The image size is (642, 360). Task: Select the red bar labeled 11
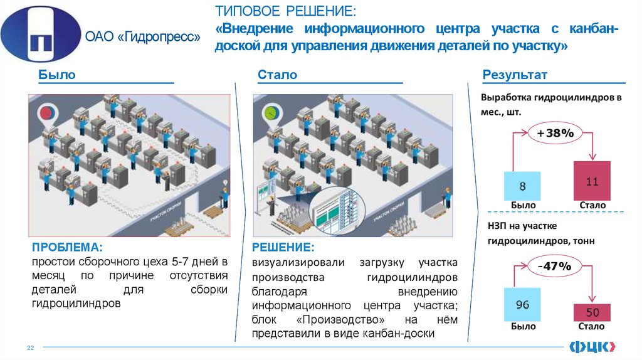pyautogui.click(x=592, y=181)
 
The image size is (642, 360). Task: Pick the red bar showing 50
pyautogui.click(x=592, y=312)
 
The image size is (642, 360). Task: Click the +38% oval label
pyautogui.click(x=555, y=134)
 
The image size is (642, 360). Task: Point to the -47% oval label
pyautogui.click(x=555, y=266)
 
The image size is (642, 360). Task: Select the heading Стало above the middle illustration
pyautogui.click(x=277, y=75)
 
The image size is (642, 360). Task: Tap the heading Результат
pyautogui.click(x=515, y=75)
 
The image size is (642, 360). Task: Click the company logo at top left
pyautogui.click(x=40, y=34)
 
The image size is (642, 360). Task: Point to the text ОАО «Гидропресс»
pyautogui.click(x=142, y=38)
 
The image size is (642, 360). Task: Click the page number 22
pyautogui.click(x=29, y=347)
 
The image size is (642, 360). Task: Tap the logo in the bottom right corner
pyautogui.click(x=591, y=346)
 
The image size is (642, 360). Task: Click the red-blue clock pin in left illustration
pyautogui.click(x=47, y=114)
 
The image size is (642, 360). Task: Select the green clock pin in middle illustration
pyautogui.click(x=272, y=114)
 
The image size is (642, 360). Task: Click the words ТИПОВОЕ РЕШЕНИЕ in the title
pyautogui.click(x=285, y=11)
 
